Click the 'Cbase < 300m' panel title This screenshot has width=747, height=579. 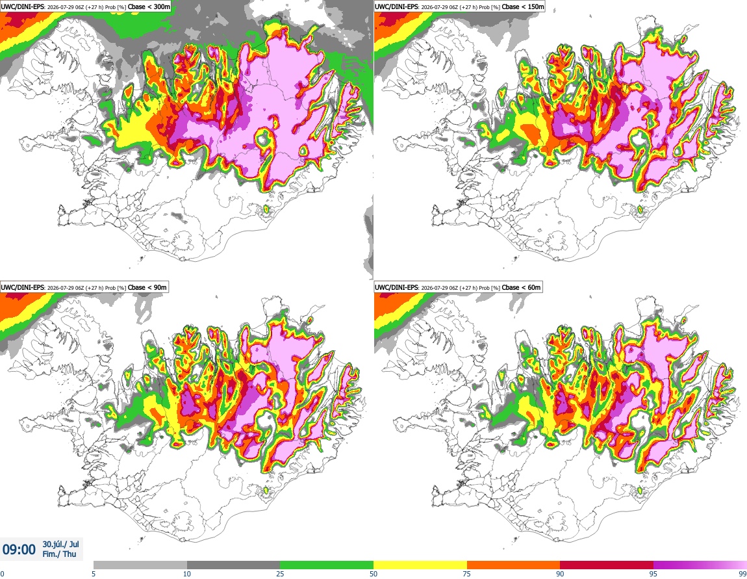[149, 6]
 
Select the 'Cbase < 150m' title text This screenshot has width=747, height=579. [523, 6]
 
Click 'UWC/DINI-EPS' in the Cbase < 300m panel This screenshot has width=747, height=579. [22, 7]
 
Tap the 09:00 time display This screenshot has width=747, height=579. [19, 550]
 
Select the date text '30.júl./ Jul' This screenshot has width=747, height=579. [60, 544]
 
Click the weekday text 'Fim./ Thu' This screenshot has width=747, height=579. [59, 554]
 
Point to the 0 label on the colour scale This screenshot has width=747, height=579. [2, 574]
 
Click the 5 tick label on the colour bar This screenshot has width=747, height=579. [94, 574]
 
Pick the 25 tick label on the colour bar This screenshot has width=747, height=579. [280, 574]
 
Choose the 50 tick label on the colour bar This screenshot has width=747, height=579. [373, 574]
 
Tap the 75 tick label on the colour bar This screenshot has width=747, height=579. [467, 574]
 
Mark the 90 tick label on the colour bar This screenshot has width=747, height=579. [560, 574]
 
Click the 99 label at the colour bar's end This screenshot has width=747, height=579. [742, 574]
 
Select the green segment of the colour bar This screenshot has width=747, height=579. [327, 565]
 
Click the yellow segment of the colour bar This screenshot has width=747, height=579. [420, 565]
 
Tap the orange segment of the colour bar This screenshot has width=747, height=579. [514, 565]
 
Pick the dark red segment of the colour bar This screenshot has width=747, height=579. [607, 565]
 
